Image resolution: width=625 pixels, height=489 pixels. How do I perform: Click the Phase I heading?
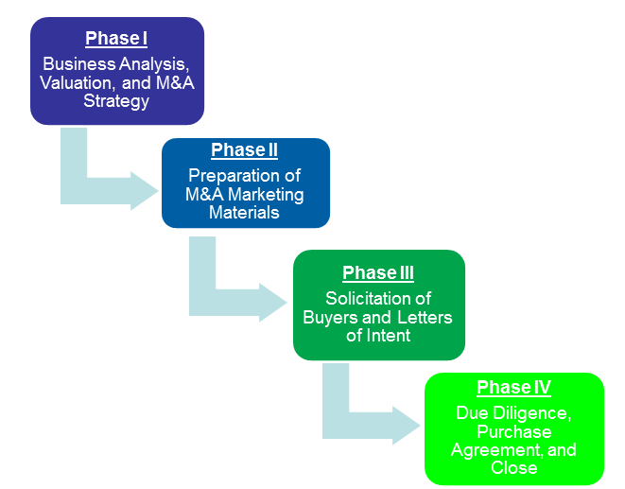pyautogui.click(x=116, y=39)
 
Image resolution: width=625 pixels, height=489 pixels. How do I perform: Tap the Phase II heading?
pyautogui.click(x=244, y=150)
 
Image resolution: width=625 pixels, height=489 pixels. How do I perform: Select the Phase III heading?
pyautogui.click(x=378, y=273)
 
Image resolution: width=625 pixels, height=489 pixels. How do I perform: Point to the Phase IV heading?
pyautogui.click(x=513, y=387)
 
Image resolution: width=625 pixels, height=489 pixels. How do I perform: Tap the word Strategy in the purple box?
pyautogui.click(x=116, y=102)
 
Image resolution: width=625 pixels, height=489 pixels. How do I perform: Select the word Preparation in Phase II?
pyautogui.click(x=234, y=176)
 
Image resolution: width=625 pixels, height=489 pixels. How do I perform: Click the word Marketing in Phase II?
pyautogui.click(x=266, y=195)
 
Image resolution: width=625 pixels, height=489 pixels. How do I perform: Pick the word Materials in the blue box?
pyautogui.click(x=244, y=212)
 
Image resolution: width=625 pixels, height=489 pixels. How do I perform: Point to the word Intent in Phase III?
pyautogui.click(x=389, y=336)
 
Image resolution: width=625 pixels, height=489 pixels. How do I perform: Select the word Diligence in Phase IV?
pyautogui.click(x=532, y=413)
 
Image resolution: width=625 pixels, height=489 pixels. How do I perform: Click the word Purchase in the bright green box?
pyautogui.click(x=514, y=431)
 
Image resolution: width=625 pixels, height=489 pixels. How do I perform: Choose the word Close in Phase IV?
pyautogui.click(x=514, y=467)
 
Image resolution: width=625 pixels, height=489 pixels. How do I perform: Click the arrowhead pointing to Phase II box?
pyautogui.click(x=145, y=191)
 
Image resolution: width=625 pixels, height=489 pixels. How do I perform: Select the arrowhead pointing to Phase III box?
pyautogui.click(x=273, y=303)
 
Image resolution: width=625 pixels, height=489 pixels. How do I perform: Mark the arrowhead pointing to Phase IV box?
pyautogui.click(x=407, y=426)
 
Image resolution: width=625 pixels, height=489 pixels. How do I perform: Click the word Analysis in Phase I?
pyautogui.click(x=154, y=64)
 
